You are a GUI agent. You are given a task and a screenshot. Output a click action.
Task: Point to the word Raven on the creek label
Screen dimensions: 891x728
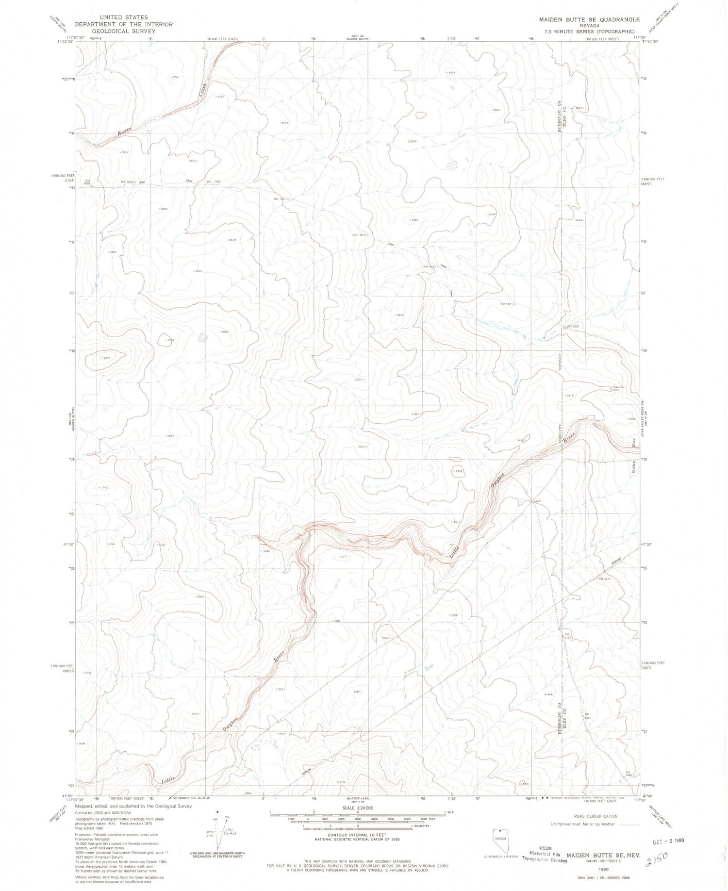tap(125, 131)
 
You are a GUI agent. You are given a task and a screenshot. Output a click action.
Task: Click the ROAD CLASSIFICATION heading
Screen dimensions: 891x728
tap(594, 816)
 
